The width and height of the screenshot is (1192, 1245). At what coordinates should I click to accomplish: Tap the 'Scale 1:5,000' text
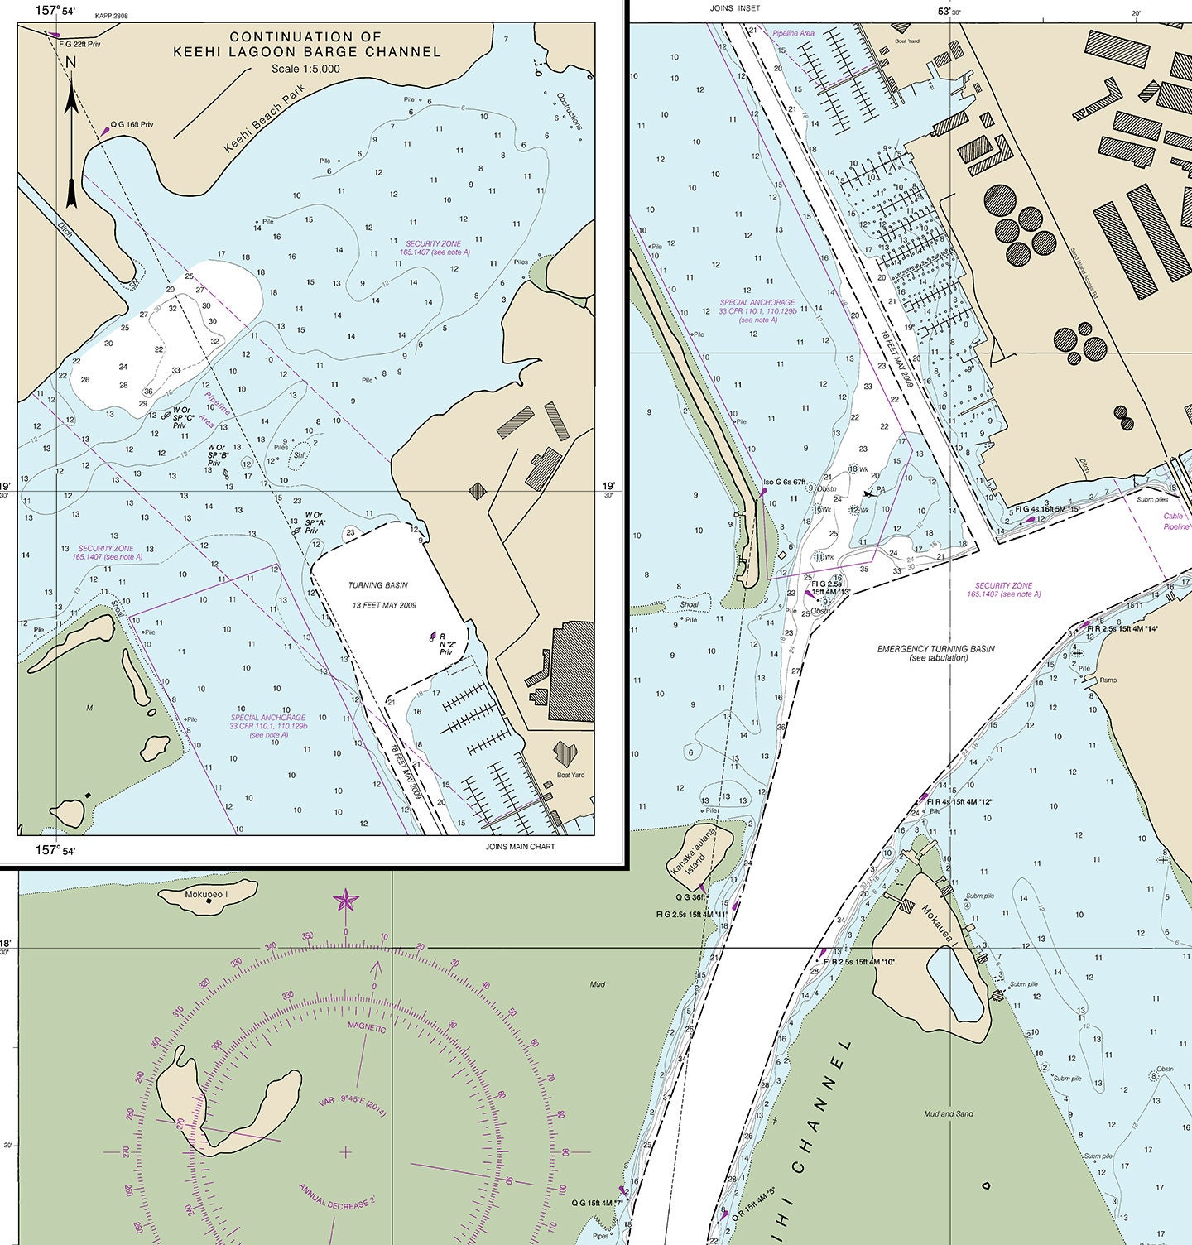[x=305, y=69]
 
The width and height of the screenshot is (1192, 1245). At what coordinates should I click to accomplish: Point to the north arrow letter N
[x=70, y=62]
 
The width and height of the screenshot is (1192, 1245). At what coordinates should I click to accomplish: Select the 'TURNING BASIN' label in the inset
[x=378, y=585]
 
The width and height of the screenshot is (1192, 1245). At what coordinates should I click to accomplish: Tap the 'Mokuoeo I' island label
[x=206, y=895]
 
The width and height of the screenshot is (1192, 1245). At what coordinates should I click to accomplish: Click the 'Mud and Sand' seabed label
[x=949, y=1113]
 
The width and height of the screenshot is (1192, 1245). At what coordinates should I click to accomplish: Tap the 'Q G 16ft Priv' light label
[x=132, y=124]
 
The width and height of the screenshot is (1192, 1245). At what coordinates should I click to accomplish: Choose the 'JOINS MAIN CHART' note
[x=521, y=846]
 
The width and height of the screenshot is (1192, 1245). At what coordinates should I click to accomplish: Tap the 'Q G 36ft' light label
[x=690, y=896]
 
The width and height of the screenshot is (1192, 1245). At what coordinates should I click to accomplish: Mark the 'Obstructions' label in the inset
[x=570, y=111]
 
